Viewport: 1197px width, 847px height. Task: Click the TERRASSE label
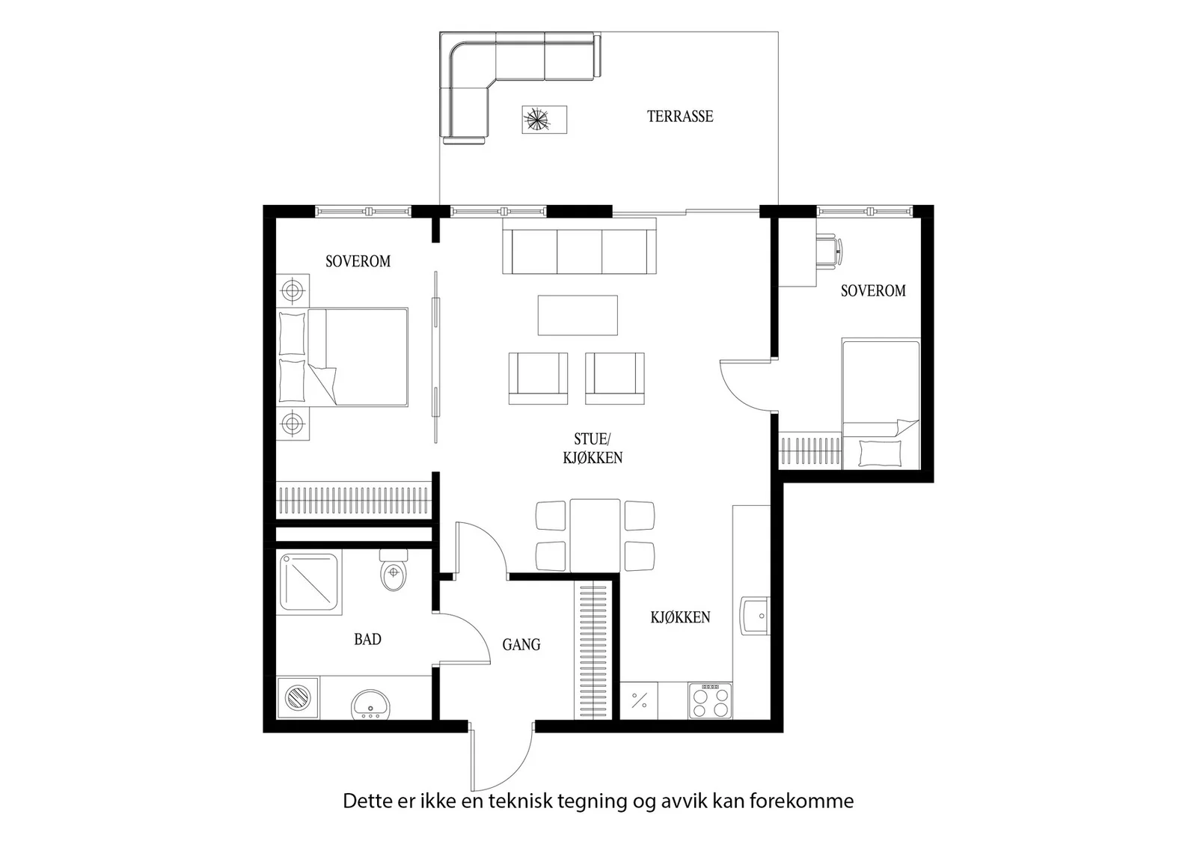680,116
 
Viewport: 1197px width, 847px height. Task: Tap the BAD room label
367,639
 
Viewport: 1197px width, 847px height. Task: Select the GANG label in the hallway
521,644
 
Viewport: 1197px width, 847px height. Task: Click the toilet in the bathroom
394,570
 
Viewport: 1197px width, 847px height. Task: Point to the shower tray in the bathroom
310,582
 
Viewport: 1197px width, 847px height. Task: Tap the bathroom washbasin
370,704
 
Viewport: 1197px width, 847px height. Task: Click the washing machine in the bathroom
298,698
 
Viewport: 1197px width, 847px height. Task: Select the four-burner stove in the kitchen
710,700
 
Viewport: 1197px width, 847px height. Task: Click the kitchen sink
755,616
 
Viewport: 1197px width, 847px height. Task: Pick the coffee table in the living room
578,315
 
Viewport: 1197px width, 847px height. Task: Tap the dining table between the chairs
595,536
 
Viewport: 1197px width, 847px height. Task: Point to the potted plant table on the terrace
544,120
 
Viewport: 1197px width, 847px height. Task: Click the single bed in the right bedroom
881,404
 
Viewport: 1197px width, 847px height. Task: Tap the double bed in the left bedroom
342,357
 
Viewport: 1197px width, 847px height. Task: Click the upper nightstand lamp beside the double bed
293,291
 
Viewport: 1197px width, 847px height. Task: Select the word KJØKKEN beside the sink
680,617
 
